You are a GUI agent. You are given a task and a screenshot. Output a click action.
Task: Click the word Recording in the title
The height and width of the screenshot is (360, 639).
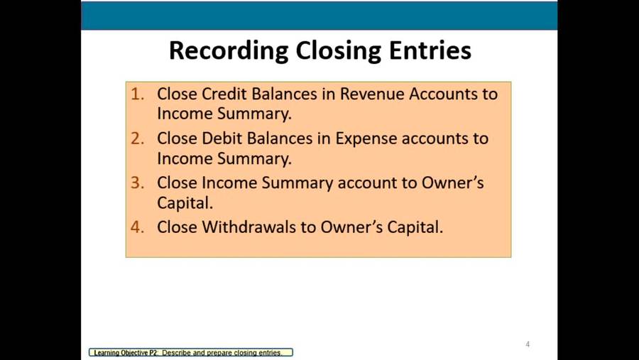229,51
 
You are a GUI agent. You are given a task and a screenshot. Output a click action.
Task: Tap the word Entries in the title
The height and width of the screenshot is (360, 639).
430,50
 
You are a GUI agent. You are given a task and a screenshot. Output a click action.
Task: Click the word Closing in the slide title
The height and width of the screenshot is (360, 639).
338,51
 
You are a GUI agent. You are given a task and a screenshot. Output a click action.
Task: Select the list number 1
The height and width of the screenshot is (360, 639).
137,94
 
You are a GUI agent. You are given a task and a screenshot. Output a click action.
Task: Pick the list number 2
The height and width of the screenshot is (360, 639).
137,138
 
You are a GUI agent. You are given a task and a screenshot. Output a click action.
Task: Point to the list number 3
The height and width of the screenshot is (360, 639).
137,182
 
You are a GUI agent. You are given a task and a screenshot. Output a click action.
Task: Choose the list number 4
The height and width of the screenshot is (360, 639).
137,227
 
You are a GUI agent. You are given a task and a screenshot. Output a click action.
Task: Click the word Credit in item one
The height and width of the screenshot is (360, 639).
224,94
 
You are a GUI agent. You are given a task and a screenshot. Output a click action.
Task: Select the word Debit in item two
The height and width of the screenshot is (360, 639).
222,138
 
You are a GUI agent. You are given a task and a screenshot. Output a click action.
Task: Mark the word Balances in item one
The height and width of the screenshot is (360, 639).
284,94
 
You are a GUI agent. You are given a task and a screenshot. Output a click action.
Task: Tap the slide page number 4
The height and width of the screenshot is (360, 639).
528,344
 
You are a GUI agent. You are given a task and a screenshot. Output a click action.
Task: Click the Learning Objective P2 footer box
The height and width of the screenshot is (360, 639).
191,353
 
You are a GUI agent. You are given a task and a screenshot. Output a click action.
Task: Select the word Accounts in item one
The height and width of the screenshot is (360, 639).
443,94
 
